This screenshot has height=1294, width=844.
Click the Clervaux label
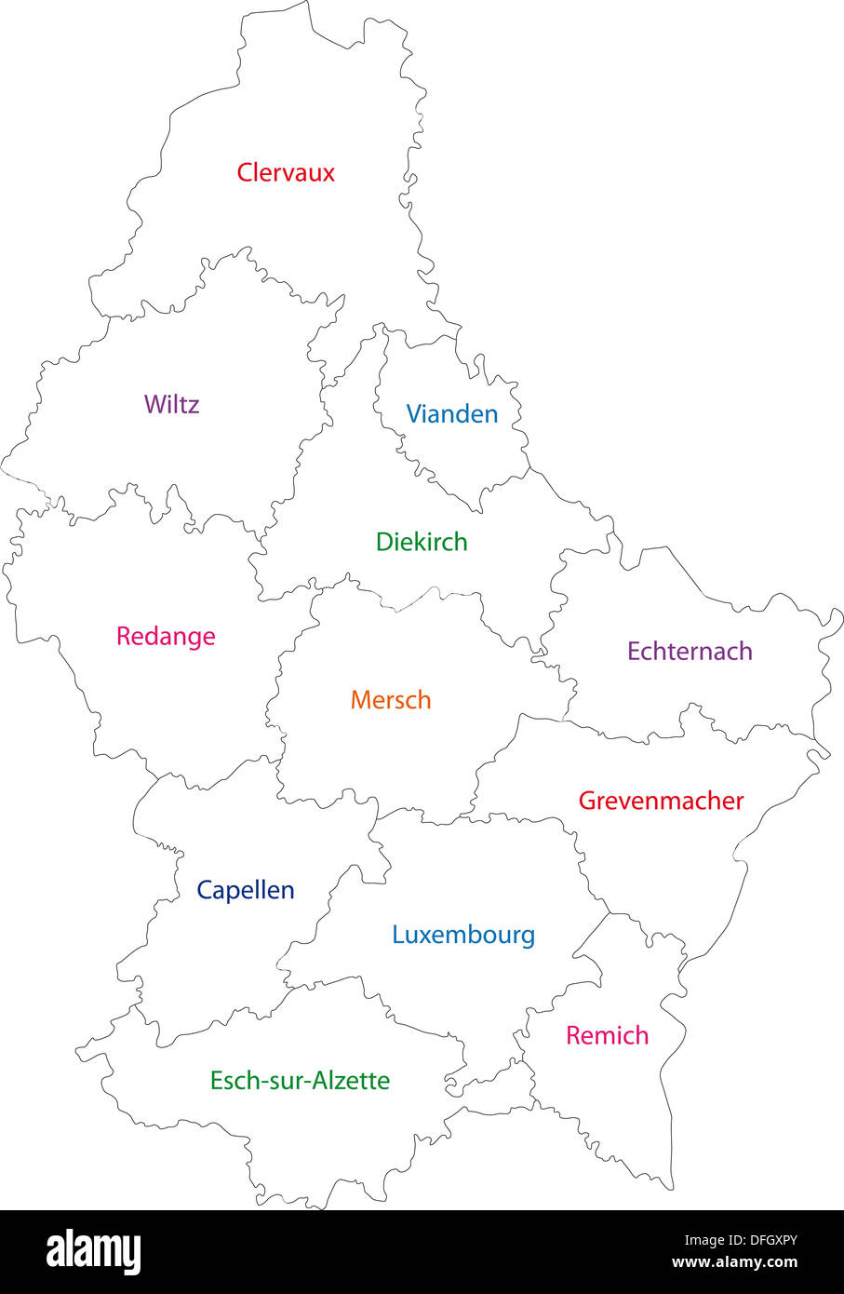[x=286, y=172]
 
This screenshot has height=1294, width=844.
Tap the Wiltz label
[x=171, y=404]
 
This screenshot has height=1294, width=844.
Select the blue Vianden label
[x=452, y=413]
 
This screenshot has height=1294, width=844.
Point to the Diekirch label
[x=422, y=541]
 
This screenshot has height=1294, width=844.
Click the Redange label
[x=166, y=636]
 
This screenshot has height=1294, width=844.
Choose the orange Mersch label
[x=391, y=699]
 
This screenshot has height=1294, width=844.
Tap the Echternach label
[x=690, y=651]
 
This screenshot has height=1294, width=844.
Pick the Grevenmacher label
[x=661, y=800]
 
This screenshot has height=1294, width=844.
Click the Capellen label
[x=246, y=890]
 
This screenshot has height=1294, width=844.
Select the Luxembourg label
[x=463, y=934]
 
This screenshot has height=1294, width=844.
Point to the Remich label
[x=607, y=1035]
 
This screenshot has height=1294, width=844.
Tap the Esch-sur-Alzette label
[x=300, y=1080]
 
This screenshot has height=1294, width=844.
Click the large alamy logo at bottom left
[x=93, y=1252]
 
